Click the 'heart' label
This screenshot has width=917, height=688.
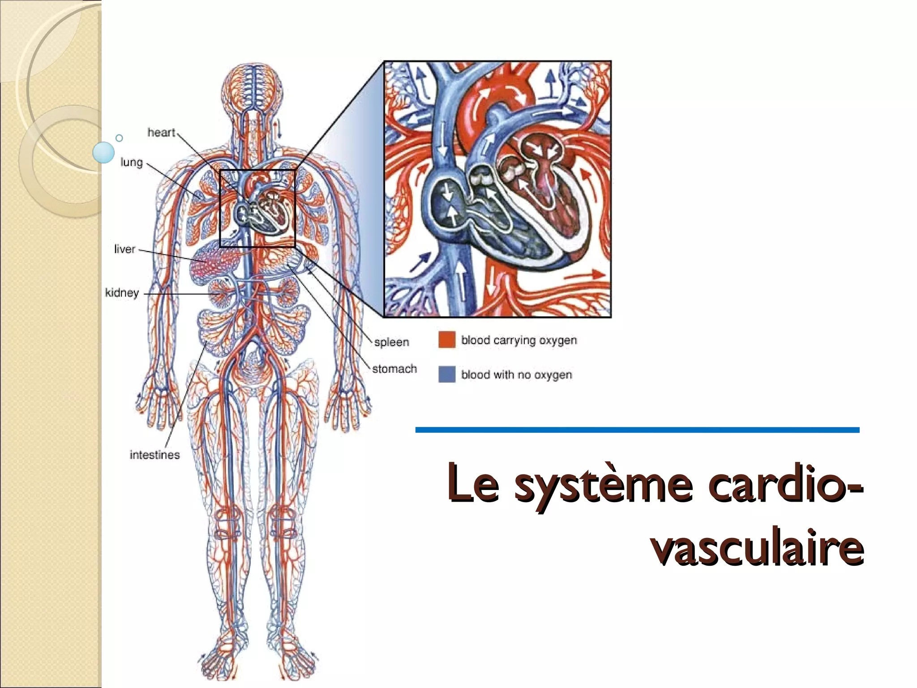161,133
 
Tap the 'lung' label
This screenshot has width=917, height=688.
131,162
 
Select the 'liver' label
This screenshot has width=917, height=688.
124,249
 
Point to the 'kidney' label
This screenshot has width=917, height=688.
122,292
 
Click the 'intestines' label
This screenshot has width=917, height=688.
154,455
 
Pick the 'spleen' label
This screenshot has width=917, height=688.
392,342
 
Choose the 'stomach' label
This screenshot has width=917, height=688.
394,369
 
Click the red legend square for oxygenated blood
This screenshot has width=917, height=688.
447,340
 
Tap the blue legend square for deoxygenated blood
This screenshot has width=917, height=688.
447,374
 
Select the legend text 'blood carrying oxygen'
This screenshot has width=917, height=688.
519,340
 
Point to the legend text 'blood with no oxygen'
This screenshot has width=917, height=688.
516,374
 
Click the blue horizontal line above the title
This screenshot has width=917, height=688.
637,430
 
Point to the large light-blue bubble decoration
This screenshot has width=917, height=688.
103,152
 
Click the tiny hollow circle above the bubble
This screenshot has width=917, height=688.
119,138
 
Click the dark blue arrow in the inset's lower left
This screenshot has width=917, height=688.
420,262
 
